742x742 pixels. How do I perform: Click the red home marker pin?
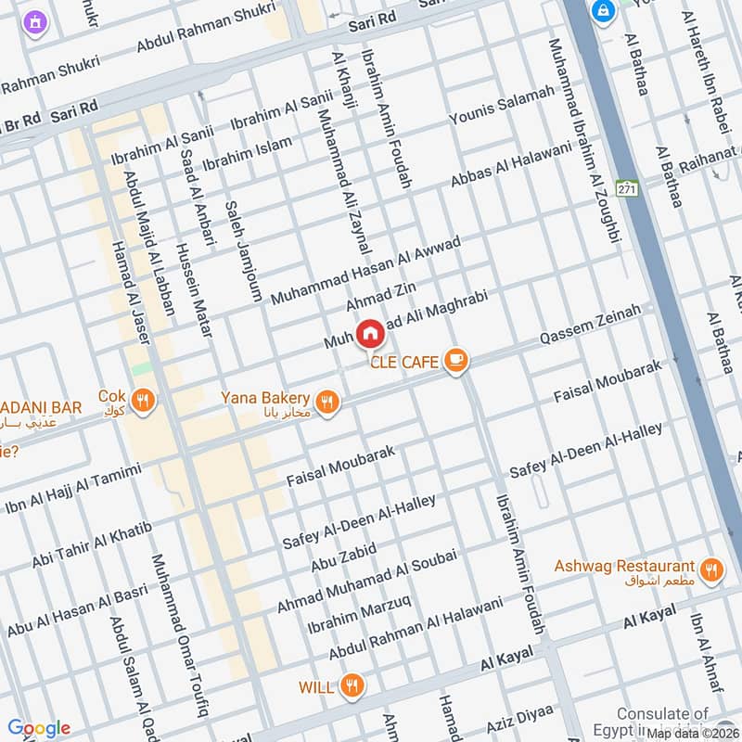click(369, 333)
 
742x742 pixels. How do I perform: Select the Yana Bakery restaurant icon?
click(326, 403)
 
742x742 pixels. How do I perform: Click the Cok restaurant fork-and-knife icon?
click(142, 401)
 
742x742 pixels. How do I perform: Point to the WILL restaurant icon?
click(352, 686)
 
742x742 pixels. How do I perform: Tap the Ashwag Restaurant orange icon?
click(710, 569)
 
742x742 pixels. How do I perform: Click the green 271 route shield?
click(628, 187)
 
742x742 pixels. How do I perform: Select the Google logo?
click(39, 728)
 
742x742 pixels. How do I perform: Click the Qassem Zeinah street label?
click(590, 326)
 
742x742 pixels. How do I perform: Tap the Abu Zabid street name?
click(343, 558)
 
